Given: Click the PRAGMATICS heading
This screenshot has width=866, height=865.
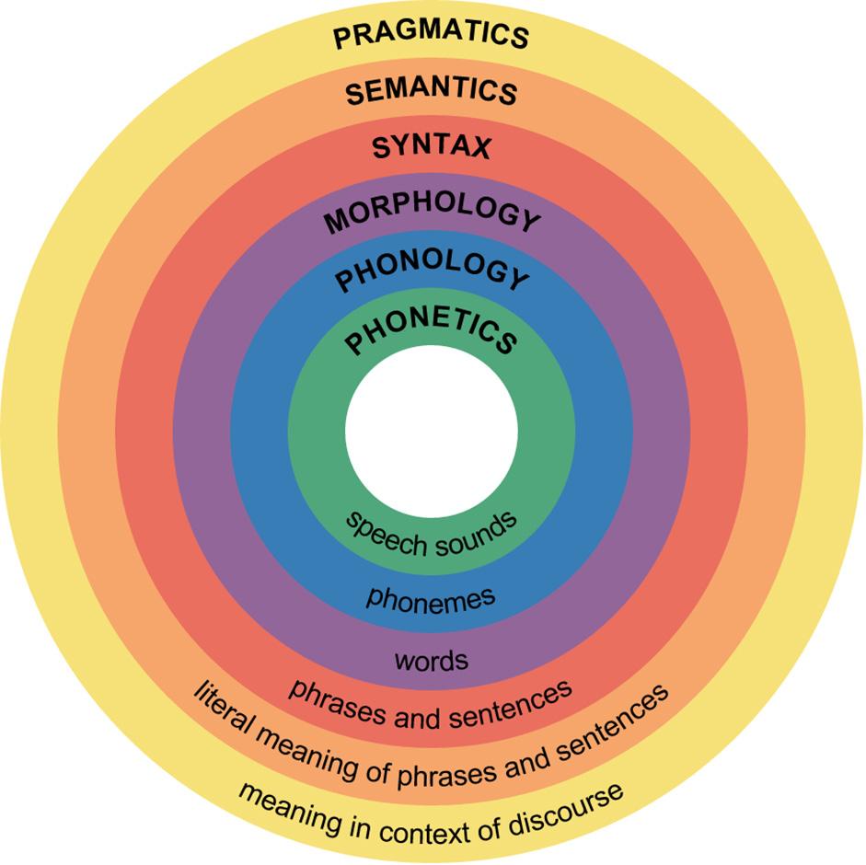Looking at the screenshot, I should (431, 34).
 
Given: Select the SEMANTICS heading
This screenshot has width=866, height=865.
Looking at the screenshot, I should (431, 91).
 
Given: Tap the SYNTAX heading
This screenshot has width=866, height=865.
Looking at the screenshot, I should (431, 147).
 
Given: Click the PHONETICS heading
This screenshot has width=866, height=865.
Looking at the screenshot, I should (431, 333).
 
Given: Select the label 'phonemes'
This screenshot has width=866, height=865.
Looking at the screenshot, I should (431, 597).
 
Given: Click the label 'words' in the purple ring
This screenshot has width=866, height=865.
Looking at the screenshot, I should (431, 660).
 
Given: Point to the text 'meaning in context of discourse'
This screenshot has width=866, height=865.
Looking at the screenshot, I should (431, 815).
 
